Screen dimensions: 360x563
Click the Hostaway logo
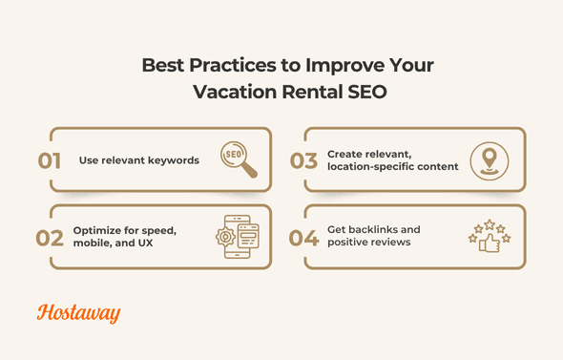[x=79, y=313]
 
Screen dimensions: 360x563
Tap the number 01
[x=51, y=160]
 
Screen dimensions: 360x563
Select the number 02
[x=51, y=238]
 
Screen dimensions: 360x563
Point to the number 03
[x=304, y=160]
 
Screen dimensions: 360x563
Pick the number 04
[x=304, y=238]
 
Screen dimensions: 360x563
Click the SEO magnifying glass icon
[x=238, y=159]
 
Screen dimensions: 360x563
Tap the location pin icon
[x=490, y=159]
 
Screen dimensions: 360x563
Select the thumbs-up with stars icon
[x=489, y=237]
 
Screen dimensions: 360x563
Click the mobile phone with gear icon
[x=236, y=237]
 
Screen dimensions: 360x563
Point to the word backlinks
[x=389, y=230]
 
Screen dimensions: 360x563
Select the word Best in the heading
[x=162, y=67]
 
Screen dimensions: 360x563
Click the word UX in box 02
[x=152, y=244]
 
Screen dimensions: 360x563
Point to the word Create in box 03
[x=345, y=153]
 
